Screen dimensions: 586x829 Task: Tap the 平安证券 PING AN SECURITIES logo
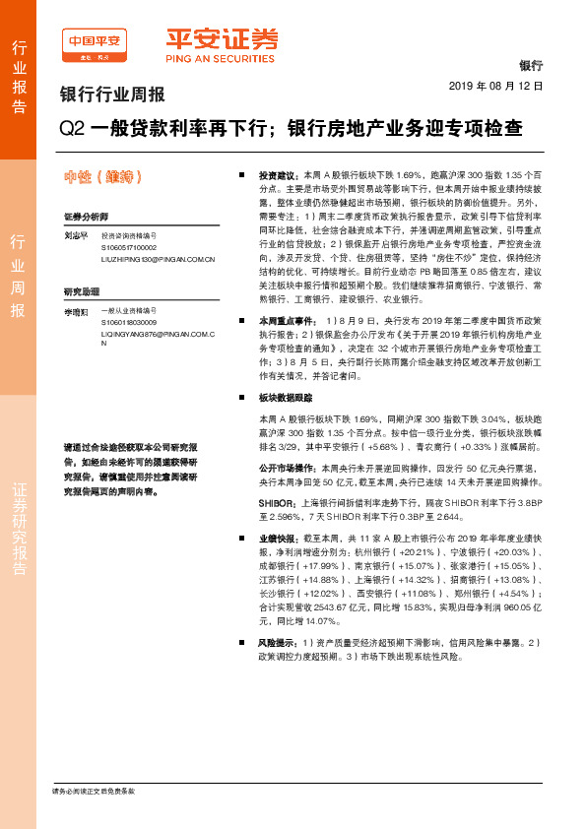[x=221, y=45]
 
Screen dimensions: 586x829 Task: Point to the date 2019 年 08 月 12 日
[x=502, y=87]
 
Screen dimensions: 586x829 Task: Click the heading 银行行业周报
[x=112, y=96]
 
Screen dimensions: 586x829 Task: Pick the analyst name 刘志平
[x=76, y=237]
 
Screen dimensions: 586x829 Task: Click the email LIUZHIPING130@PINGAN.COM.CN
[x=158, y=259]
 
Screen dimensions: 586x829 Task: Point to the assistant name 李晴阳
[x=76, y=311]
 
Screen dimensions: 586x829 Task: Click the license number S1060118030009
[x=129, y=322]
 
